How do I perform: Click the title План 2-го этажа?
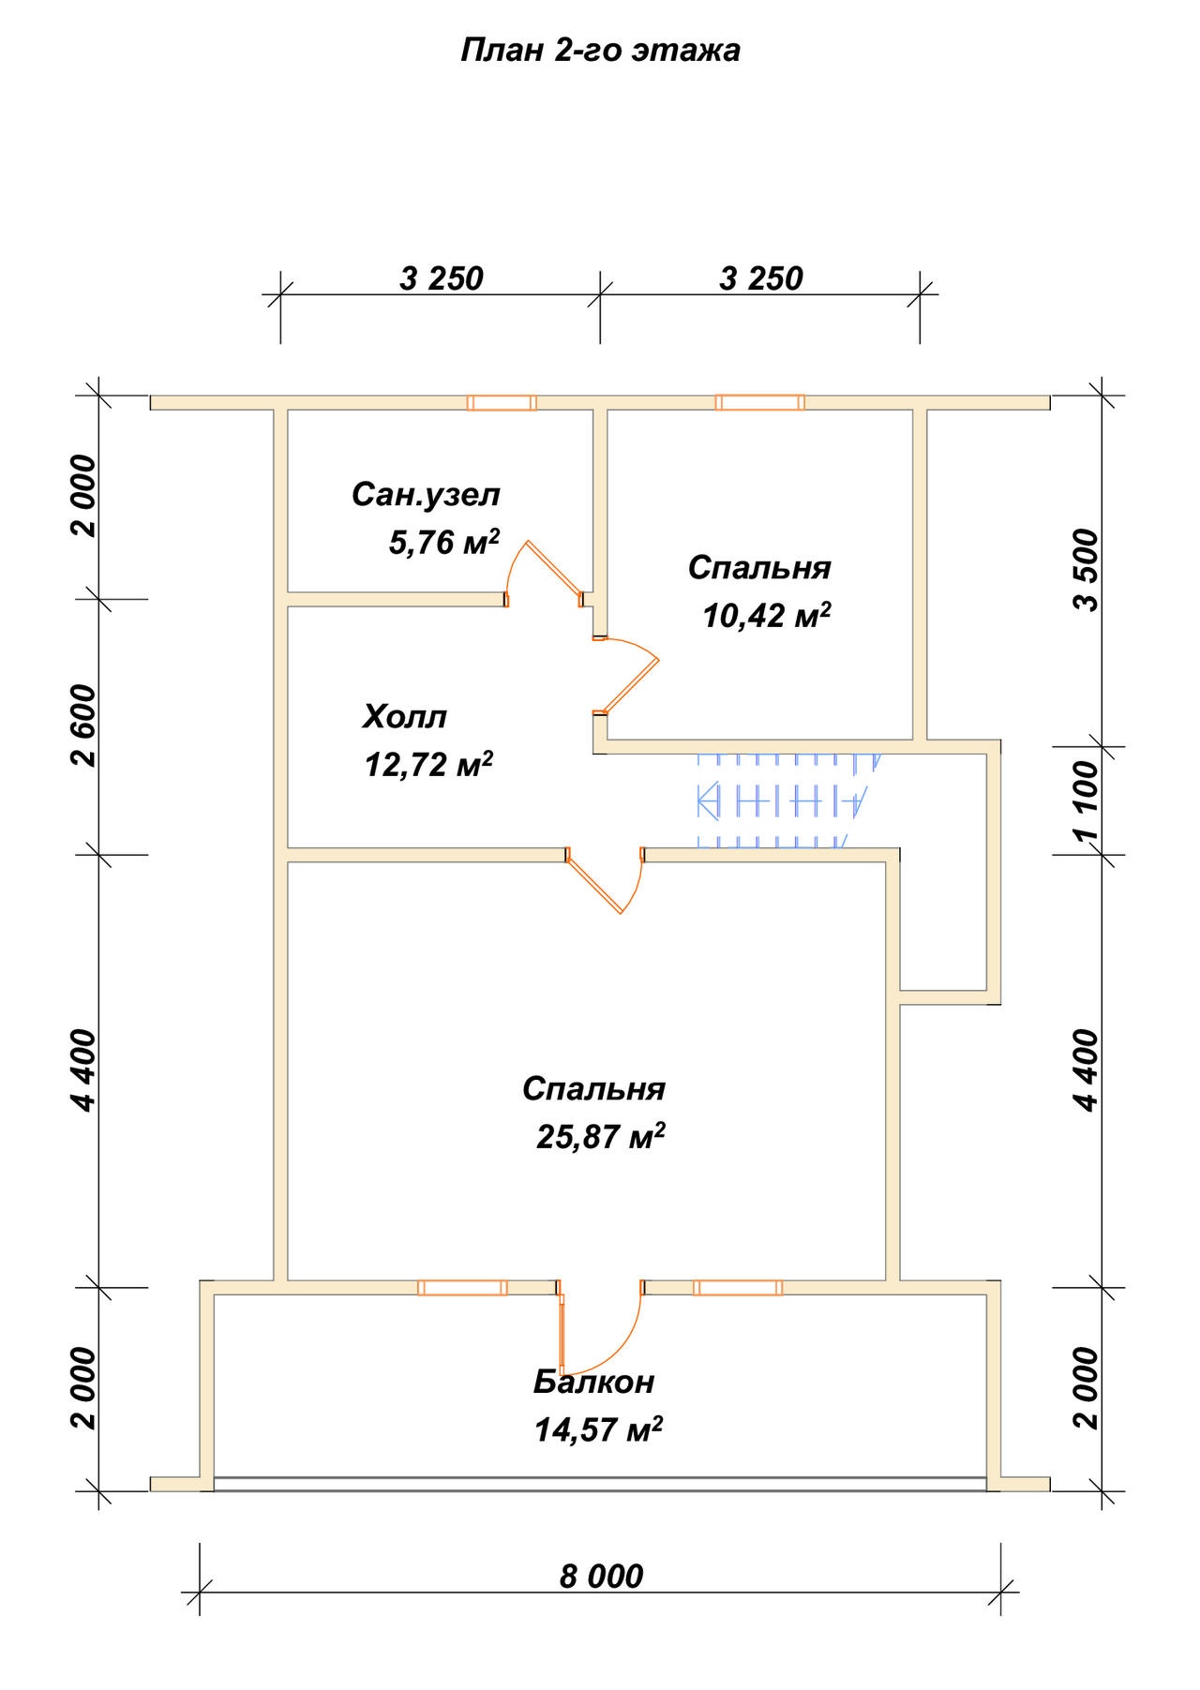(600, 51)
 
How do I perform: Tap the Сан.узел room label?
(427, 495)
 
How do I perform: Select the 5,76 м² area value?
(443, 542)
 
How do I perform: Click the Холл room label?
(404, 718)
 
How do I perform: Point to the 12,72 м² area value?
(429, 765)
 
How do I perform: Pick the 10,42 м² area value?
(767, 616)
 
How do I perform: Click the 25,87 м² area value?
(601, 1136)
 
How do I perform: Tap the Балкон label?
(594, 1382)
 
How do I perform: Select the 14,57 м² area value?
(598, 1429)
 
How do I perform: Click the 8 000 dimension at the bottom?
(602, 1577)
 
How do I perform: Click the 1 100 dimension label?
(1087, 801)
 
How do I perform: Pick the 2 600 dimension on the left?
(84, 726)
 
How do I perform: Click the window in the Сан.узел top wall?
(502, 402)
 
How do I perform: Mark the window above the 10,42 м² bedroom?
(759, 402)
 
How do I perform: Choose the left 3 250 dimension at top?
(442, 279)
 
